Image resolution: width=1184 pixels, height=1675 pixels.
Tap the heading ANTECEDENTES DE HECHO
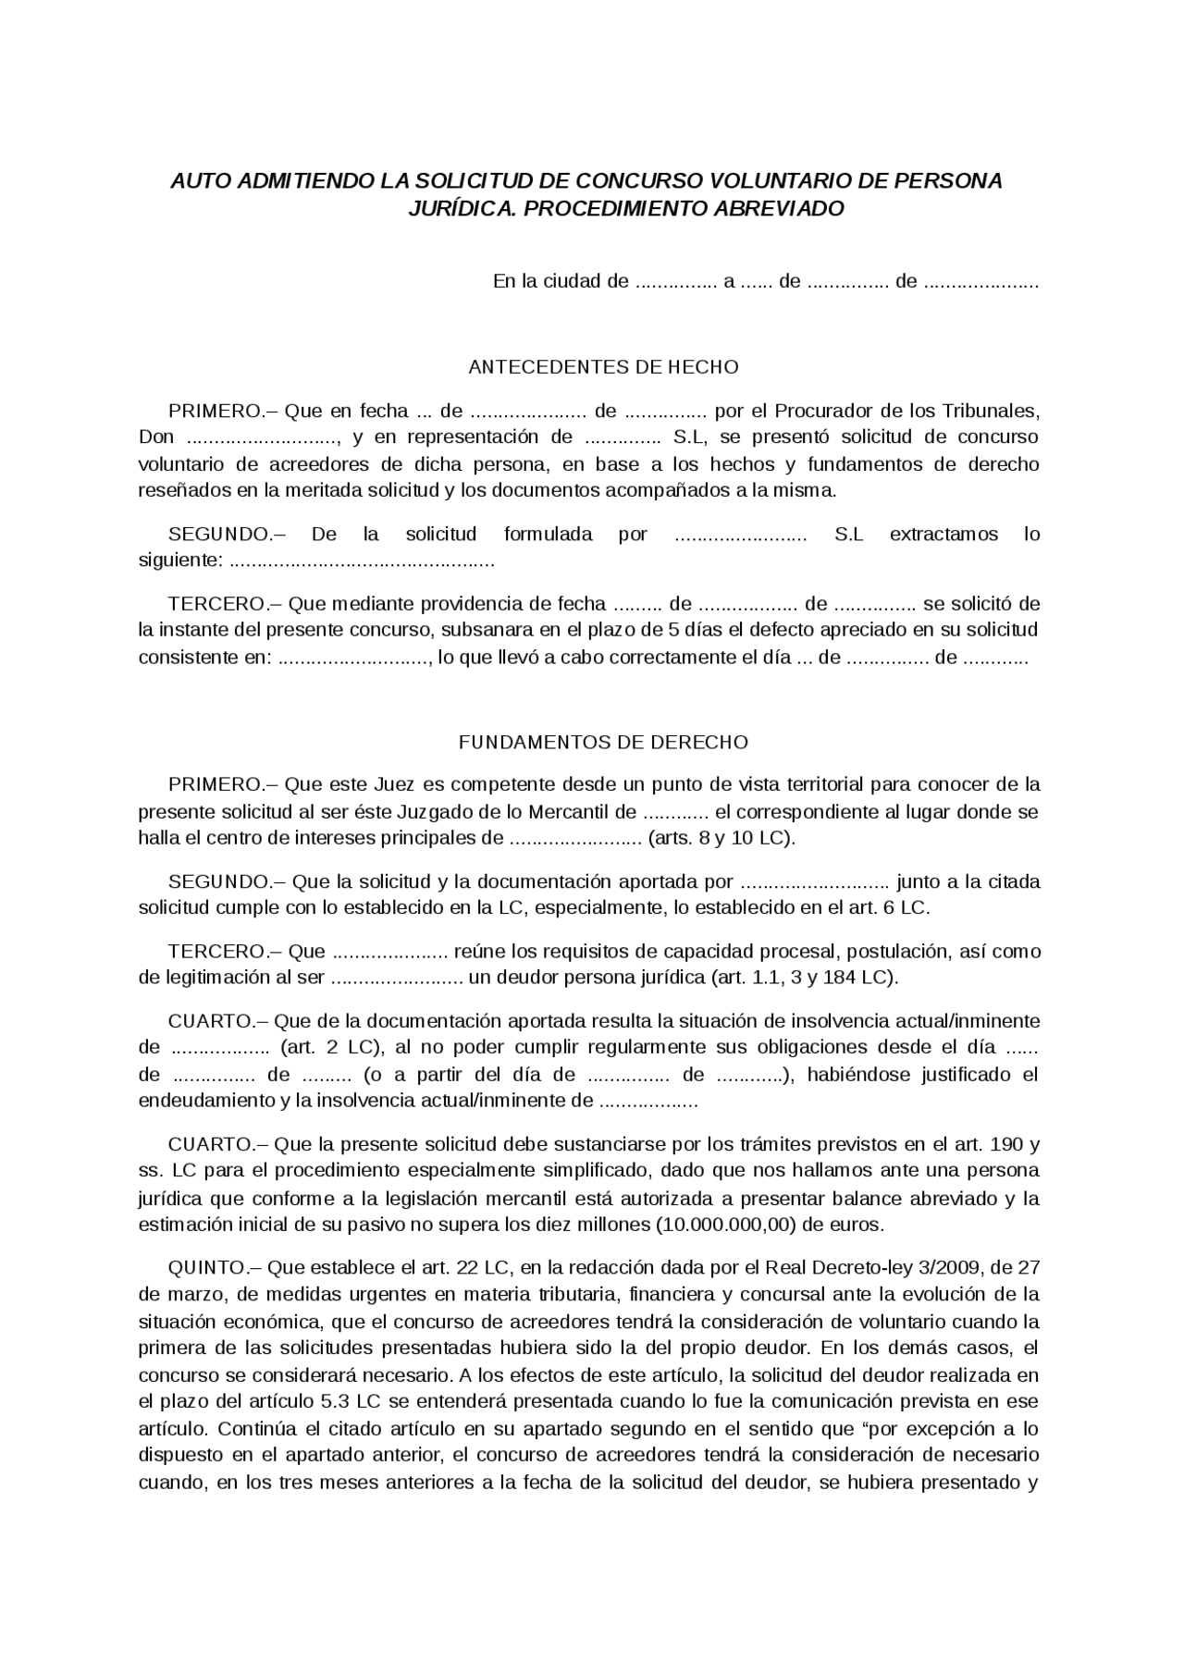(603, 367)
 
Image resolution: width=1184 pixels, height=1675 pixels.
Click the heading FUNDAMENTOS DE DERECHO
(603, 742)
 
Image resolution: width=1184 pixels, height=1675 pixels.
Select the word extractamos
(943, 534)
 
